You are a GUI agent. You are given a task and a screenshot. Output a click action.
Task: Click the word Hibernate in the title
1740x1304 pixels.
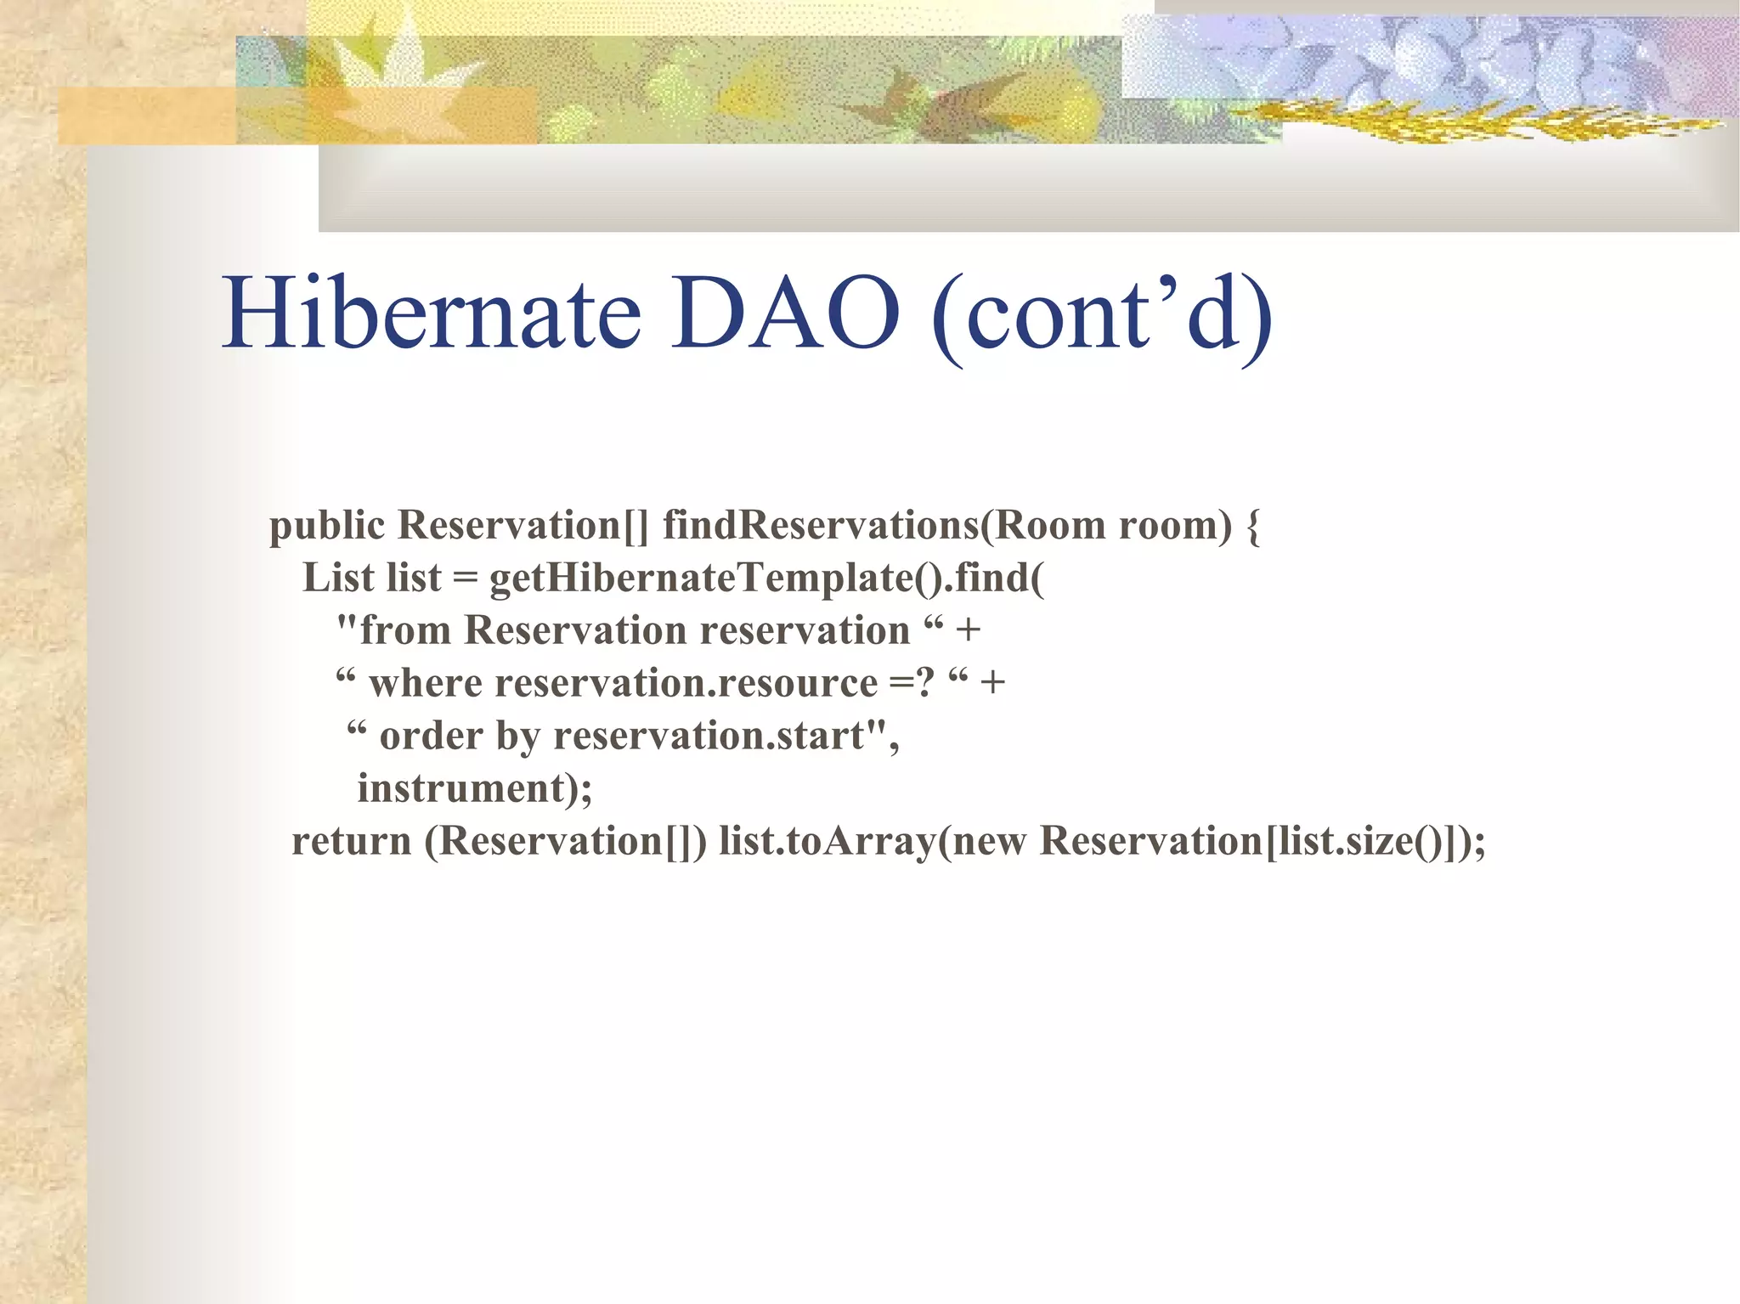(432, 313)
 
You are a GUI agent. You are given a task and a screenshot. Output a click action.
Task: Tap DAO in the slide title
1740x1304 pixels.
(785, 313)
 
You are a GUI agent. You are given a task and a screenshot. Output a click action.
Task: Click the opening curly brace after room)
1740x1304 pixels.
(1252, 527)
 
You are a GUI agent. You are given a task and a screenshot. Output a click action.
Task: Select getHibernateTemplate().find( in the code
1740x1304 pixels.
(766, 579)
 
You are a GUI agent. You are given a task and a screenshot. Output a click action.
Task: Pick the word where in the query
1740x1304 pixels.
(426, 684)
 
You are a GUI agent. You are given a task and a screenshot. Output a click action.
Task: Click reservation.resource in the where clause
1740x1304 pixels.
(686, 684)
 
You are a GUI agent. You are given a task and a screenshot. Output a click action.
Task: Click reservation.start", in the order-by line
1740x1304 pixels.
(726, 737)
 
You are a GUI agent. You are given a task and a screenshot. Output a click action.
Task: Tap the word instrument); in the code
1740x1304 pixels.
(474, 789)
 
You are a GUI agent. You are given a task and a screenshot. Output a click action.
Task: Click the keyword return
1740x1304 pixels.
(351, 842)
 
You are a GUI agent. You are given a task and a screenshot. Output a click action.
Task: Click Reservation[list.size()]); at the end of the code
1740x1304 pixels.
(1263, 842)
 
